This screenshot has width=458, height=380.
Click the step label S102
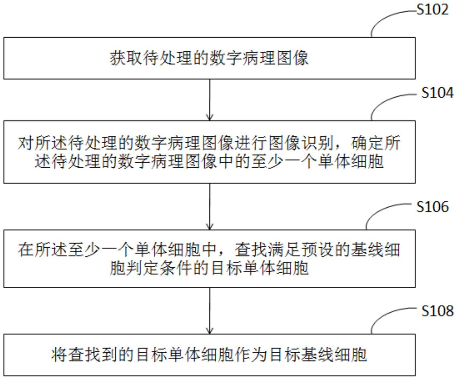pyautogui.click(x=432, y=10)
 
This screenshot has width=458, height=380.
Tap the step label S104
pyautogui.click(x=437, y=93)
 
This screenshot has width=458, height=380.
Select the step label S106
pyautogui.click(x=432, y=207)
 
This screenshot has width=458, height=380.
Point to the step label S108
pyautogui.click(x=437, y=311)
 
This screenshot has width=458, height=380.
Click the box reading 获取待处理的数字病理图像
pyautogui.click(x=209, y=58)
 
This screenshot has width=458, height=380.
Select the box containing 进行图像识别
pyautogui.click(x=209, y=152)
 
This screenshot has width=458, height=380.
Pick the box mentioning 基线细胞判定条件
pyautogui.click(x=209, y=258)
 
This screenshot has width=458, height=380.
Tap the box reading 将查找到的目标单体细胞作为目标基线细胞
pyautogui.click(x=209, y=355)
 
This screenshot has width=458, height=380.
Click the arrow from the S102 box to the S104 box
pyautogui.click(x=210, y=100)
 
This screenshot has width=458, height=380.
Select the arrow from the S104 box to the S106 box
pyautogui.click(x=210, y=206)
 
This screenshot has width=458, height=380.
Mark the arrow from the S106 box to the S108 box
pyautogui.click(x=210, y=310)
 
